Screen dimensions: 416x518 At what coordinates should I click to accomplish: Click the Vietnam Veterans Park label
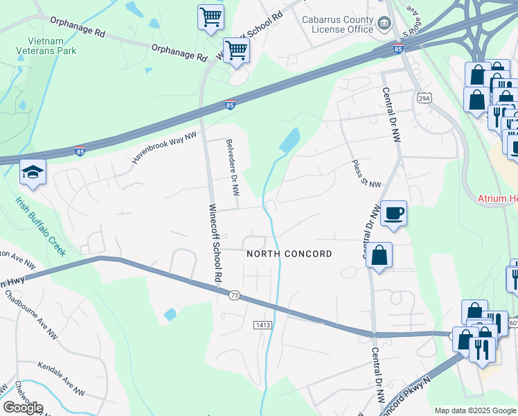point(47,45)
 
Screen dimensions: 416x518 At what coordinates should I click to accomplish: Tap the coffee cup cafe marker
point(393,214)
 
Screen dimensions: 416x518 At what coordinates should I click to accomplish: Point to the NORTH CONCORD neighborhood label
point(289,254)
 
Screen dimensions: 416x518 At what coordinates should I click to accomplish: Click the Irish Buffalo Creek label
point(42,226)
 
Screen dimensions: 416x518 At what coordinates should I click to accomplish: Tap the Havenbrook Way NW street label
point(163,148)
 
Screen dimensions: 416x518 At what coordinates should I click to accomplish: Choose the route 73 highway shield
point(234,296)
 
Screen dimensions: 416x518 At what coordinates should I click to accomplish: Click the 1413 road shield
point(262,324)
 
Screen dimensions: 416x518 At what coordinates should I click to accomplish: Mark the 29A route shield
point(425,98)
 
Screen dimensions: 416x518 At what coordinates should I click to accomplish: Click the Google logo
point(23,407)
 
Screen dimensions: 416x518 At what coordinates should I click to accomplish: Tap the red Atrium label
point(497,199)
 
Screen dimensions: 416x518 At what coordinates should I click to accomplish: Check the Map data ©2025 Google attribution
point(474,410)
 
